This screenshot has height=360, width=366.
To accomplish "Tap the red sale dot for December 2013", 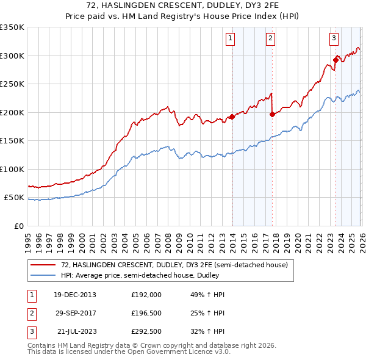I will tap(232, 117).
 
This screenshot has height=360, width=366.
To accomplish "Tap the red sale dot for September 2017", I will tap(273, 114).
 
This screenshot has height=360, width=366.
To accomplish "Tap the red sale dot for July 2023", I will tap(335, 60).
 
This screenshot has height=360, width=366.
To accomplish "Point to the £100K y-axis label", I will tap(12, 169).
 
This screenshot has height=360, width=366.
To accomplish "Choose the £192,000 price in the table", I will tap(146, 295).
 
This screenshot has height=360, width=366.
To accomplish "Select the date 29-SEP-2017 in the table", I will tap(75, 312).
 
